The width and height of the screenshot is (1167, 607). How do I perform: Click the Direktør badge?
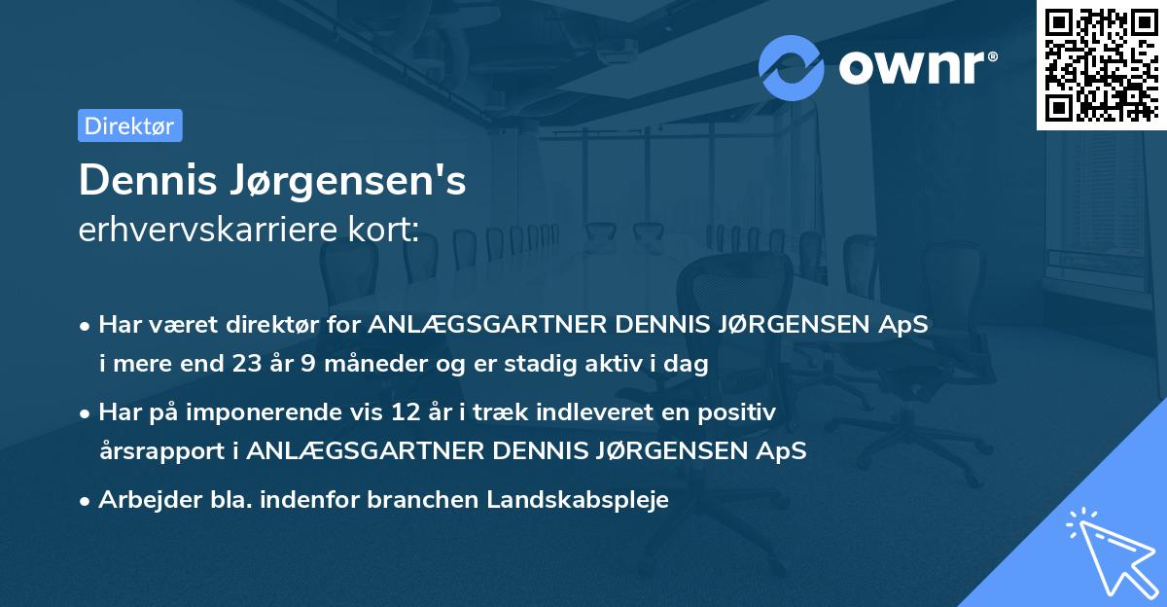(129, 125)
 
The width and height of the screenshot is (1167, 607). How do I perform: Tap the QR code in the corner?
(1102, 64)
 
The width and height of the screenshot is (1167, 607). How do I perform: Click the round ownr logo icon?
(792, 67)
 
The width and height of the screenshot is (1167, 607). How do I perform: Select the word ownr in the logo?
(911, 67)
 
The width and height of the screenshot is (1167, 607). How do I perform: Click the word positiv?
(740, 412)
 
